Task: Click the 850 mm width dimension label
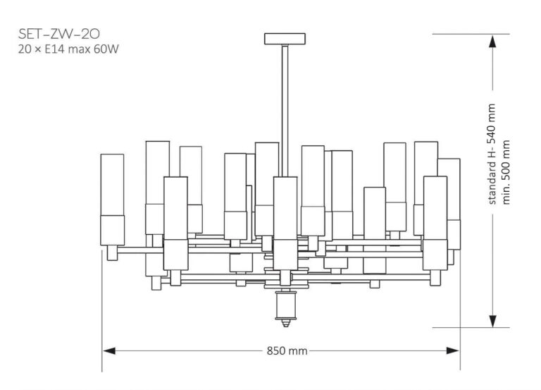coord(287,351)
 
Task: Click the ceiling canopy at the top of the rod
coord(285,39)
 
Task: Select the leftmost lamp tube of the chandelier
coord(112,197)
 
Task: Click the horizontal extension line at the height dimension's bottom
coord(468,327)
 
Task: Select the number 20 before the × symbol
coord(25,49)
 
